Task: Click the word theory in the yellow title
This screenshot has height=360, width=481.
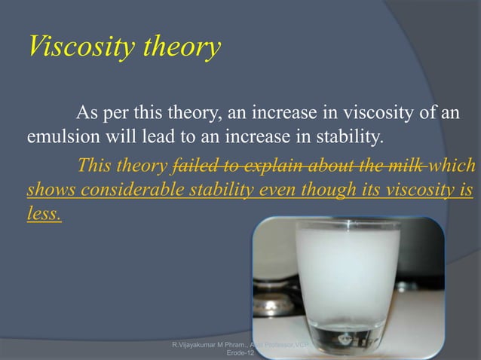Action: click(176, 47)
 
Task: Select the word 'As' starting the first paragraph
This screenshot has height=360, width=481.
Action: click(87, 114)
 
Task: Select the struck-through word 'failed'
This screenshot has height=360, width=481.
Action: click(195, 165)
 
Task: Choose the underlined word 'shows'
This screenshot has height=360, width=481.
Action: click(47, 189)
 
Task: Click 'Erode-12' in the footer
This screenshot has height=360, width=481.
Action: click(230, 352)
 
